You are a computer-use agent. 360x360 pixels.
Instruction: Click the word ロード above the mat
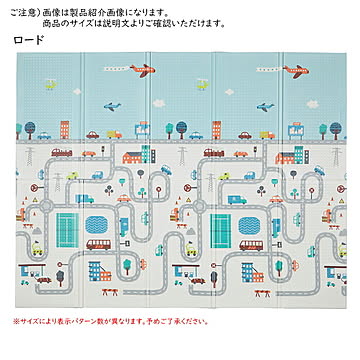29,40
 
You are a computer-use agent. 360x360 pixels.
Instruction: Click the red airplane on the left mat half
144,70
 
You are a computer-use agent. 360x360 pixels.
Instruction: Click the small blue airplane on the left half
113,104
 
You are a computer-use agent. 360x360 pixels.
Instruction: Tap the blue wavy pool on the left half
85,198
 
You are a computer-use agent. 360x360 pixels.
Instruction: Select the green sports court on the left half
67,223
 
